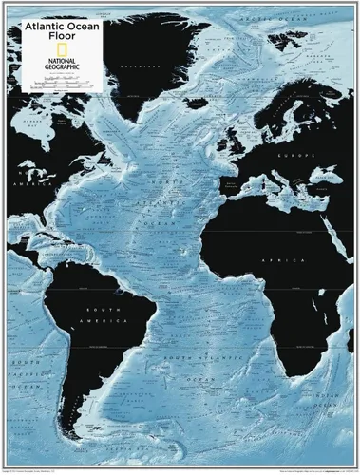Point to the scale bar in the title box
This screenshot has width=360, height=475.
pos(62,83)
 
